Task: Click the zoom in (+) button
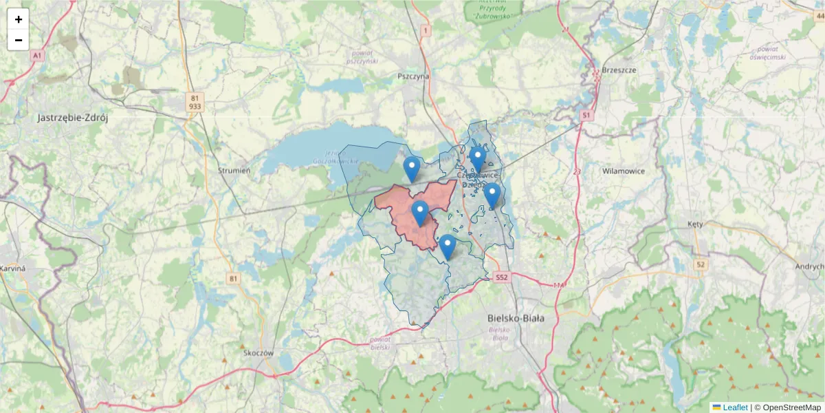coord(19,19)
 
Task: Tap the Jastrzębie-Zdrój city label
coord(72,118)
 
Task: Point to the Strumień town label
coord(234,170)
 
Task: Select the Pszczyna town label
coord(412,76)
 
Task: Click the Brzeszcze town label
coord(619,70)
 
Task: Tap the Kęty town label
coord(695,224)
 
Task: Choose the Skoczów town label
coord(258,352)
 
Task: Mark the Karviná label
coord(12,268)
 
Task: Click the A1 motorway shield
coord(37,54)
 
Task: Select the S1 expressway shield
coord(586,116)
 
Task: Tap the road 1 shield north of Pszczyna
coord(426,30)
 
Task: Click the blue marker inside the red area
coord(420,213)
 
